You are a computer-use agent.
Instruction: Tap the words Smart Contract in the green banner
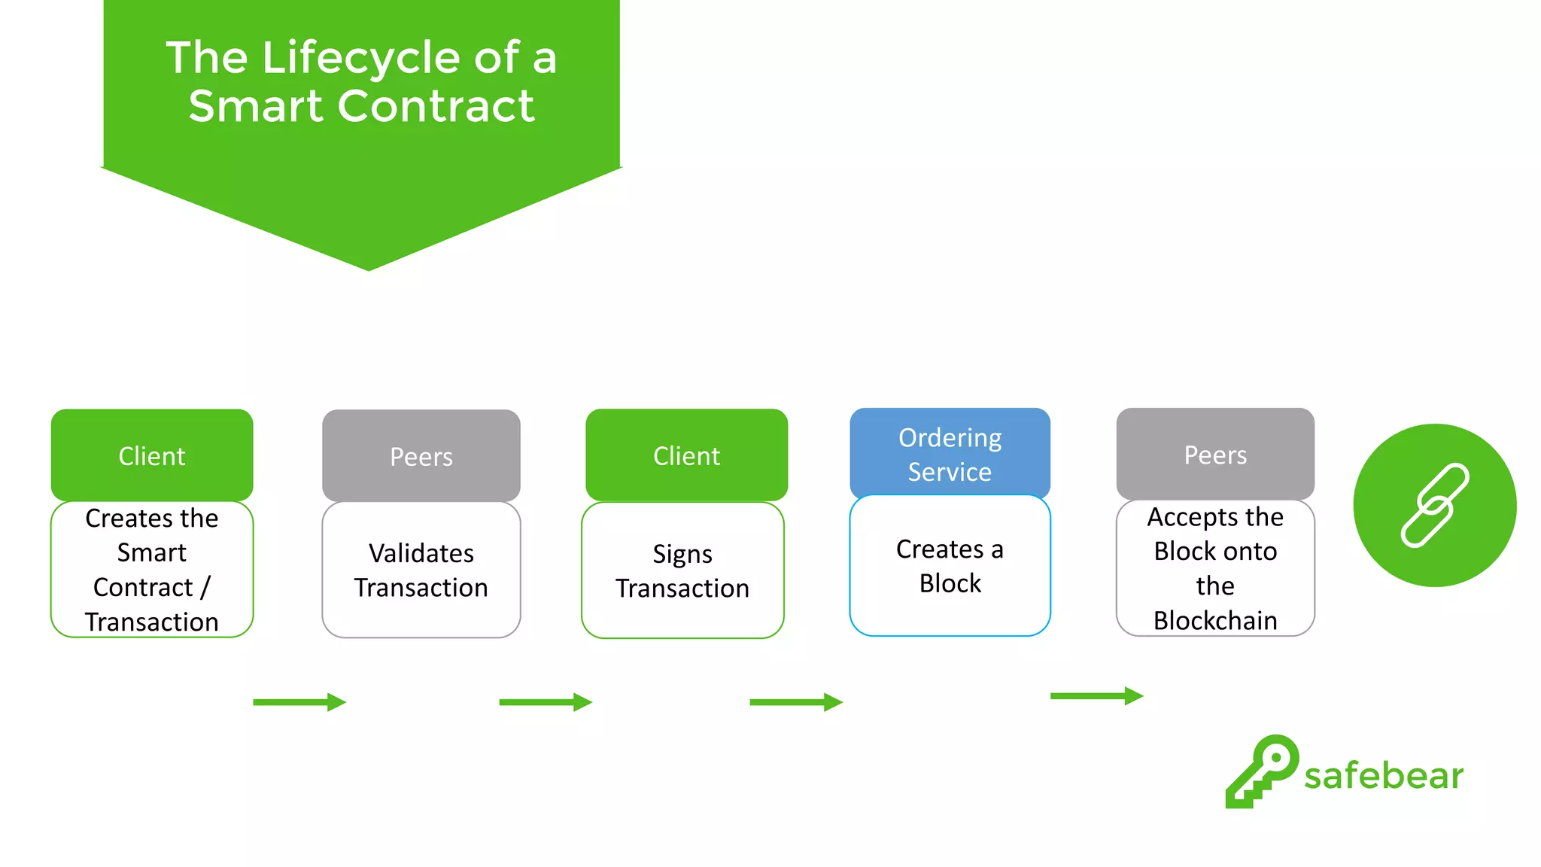[361, 106]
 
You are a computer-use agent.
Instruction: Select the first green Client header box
[152, 455]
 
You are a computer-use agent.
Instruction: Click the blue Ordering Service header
[950, 454]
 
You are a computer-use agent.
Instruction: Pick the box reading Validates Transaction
[421, 570]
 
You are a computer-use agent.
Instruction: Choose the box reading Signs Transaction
[682, 570]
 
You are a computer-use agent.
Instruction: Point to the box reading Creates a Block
[950, 566]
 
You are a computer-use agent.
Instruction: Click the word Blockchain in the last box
[1215, 621]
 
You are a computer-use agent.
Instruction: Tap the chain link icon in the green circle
[1434, 505]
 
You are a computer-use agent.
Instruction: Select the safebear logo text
[1383, 776]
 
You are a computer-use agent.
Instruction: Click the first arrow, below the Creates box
[299, 702]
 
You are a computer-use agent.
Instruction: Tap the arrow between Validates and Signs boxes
[546, 702]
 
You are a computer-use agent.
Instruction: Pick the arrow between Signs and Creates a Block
[796, 702]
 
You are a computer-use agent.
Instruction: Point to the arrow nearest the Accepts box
[1096, 696]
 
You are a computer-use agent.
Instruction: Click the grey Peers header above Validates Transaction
[421, 456]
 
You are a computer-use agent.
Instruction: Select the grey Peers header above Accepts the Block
[1215, 455]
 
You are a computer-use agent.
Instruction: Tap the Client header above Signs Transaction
[686, 455]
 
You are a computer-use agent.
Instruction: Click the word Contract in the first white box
[143, 587]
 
